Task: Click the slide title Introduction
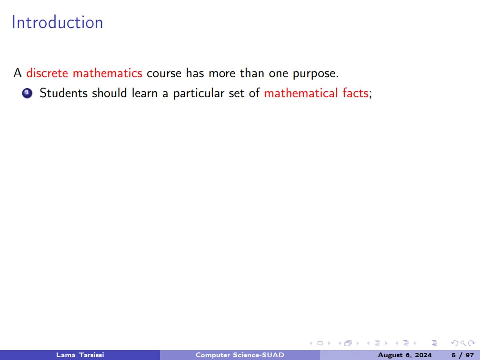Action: tap(57, 22)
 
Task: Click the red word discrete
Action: tap(47, 73)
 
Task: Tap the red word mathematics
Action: tap(107, 73)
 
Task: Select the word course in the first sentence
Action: tap(164, 73)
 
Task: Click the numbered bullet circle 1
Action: tap(27, 93)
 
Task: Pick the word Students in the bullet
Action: tap(63, 93)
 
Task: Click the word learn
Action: tap(144, 93)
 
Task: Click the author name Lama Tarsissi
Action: tap(80, 355)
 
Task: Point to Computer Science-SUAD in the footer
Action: tap(240, 355)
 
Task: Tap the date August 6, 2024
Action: tap(404, 355)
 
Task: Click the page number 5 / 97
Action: tap(462, 355)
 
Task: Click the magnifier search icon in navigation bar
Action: tap(463, 343)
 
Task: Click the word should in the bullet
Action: tap(109, 93)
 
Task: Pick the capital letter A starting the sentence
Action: tap(17, 73)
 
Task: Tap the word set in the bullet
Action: tap(236, 93)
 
